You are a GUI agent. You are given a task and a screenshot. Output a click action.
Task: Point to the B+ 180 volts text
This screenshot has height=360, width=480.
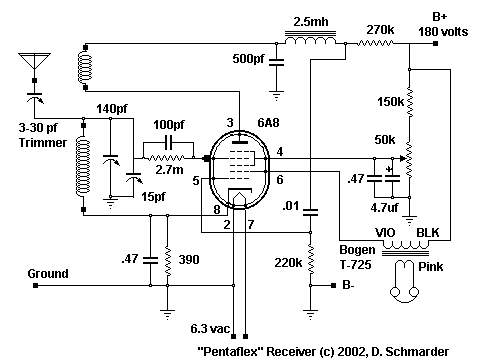[445, 23]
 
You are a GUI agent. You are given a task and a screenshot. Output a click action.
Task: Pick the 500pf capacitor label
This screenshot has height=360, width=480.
[250, 58]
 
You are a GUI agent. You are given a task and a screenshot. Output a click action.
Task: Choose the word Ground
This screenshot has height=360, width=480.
[48, 273]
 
